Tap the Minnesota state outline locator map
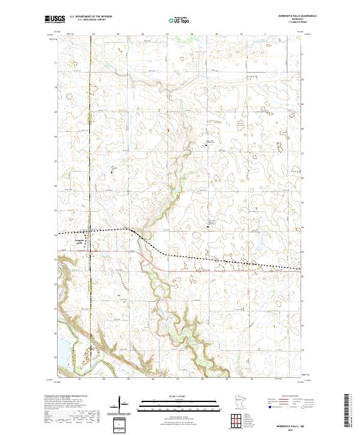[x=212, y=404]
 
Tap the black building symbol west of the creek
[x=112, y=172]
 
